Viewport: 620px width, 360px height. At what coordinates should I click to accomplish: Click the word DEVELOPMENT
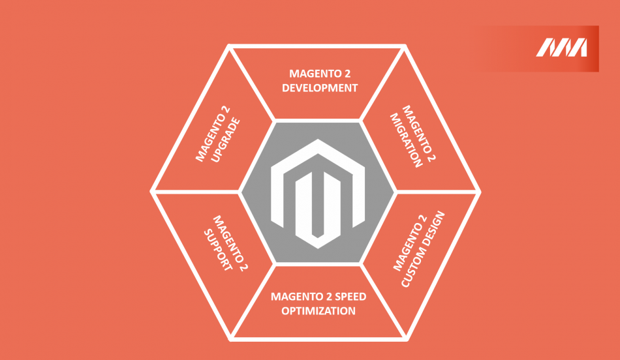pyautogui.click(x=320, y=88)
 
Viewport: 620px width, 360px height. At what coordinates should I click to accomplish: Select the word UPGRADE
pyautogui.click(x=226, y=140)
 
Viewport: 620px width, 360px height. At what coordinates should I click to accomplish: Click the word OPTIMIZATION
pyautogui.click(x=318, y=310)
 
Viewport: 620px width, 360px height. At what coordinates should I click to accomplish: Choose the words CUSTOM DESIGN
pyautogui.click(x=423, y=249)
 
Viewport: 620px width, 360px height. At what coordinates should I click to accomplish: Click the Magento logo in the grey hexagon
pyautogui.click(x=318, y=194)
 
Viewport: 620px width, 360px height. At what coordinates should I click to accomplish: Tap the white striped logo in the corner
pyautogui.click(x=561, y=48)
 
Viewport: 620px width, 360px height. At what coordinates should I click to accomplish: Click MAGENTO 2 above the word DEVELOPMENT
pyautogui.click(x=320, y=74)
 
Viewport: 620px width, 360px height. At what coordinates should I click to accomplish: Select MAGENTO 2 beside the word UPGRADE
pyautogui.click(x=213, y=134)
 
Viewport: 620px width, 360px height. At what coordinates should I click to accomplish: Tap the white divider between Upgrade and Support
pyautogui.click(x=195, y=192)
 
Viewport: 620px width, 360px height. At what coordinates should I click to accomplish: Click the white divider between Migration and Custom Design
pyautogui.click(x=438, y=192)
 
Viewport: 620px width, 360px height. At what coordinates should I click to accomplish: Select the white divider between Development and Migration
pyautogui.click(x=382, y=83)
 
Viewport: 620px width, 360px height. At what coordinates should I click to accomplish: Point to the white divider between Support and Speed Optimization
pyautogui.click(x=253, y=301)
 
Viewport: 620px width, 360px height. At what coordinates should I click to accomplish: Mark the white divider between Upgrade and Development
pyautogui.click(x=251, y=83)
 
